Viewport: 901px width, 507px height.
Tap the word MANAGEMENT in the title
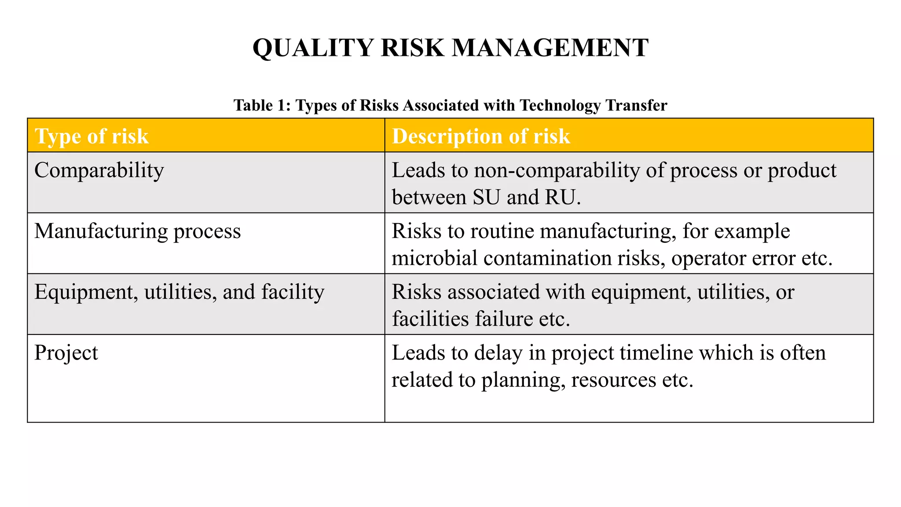[550, 48]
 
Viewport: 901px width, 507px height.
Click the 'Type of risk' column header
[92, 136]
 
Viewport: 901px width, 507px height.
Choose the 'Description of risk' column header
[481, 136]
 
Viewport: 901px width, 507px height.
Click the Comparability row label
[99, 170]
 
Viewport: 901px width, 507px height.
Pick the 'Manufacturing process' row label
[138, 231]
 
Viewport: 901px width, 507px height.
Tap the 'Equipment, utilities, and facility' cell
[179, 292]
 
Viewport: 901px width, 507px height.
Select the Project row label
[66, 353]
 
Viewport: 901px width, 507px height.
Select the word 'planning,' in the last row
[523, 380]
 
